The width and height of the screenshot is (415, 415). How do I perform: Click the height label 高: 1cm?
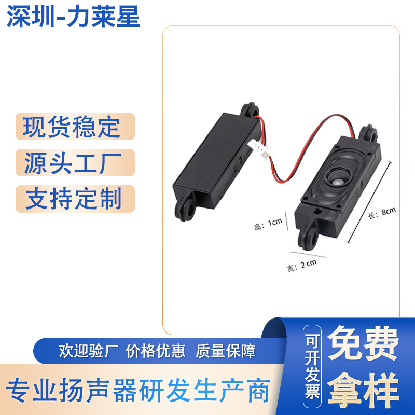pos(268,224)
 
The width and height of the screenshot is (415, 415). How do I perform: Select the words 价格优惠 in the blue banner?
pos(156,352)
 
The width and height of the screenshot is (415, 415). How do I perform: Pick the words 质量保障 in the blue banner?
pos(226,352)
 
